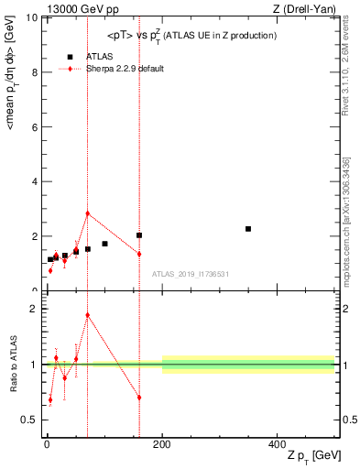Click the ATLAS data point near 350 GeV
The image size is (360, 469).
pos(248,228)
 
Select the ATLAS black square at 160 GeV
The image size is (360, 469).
pos(139,235)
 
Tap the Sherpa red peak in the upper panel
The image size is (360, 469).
pos(87,213)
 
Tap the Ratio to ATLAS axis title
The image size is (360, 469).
pos(12,365)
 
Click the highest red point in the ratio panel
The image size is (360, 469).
pos(87,315)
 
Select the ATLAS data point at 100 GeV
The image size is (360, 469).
pos(104,244)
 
